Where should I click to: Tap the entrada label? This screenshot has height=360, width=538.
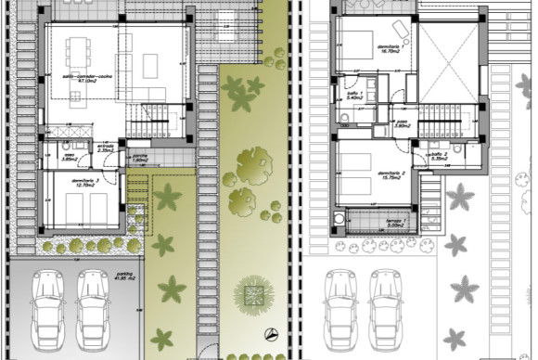click(106, 147)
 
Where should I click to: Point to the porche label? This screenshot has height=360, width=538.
click(140, 159)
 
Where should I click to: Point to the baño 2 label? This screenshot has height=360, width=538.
click(438, 155)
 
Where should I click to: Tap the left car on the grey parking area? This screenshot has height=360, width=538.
click(45, 305)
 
